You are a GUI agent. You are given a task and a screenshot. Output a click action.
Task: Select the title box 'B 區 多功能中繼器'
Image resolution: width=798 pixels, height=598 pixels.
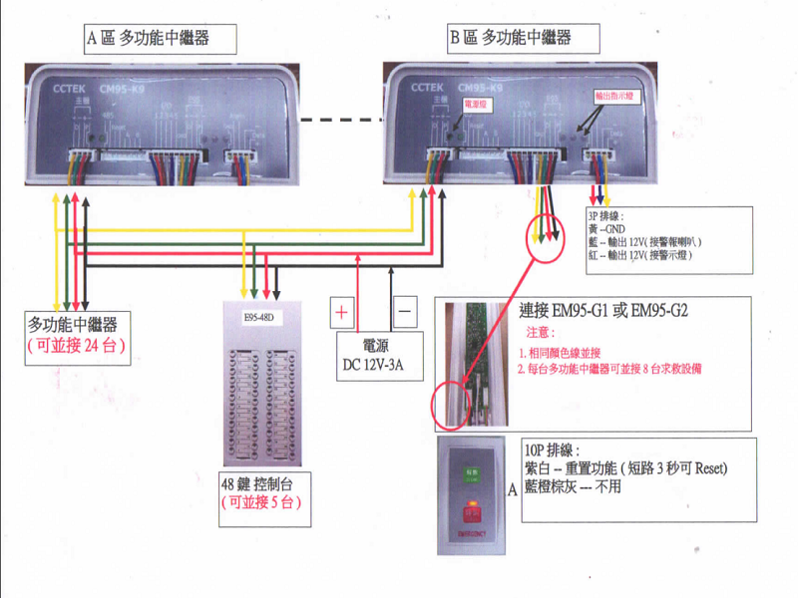pos(524,39)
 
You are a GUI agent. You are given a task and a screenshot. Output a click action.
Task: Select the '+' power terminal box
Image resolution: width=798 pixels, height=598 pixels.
pos(341,312)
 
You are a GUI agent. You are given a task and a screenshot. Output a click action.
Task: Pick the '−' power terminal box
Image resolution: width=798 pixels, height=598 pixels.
pos(405,312)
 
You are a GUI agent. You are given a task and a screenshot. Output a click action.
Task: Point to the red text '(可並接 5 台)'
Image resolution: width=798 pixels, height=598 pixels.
pos(260,503)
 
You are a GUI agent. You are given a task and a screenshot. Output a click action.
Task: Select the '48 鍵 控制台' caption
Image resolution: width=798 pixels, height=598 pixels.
pos(261,485)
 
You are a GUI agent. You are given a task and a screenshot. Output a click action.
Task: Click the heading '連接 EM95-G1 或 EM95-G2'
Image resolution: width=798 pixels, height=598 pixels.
pos(603,310)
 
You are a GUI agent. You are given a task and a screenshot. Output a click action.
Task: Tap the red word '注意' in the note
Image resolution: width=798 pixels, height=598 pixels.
pos(539,332)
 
